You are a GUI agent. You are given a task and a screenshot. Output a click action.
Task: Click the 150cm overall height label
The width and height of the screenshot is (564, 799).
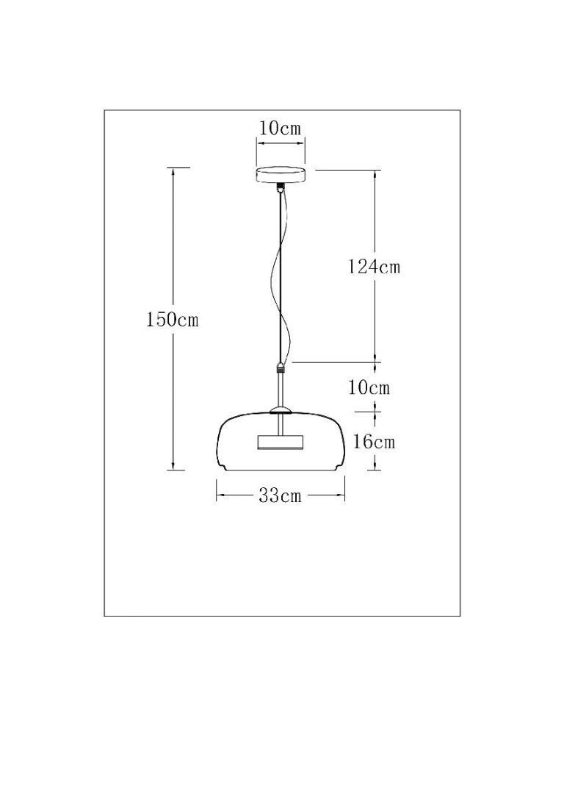(173, 320)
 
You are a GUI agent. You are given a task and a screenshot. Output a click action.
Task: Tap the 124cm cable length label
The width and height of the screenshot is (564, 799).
(375, 267)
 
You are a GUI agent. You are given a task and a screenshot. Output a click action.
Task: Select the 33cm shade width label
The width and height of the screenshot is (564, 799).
(281, 496)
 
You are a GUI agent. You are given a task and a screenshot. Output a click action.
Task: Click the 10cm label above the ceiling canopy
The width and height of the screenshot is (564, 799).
(280, 129)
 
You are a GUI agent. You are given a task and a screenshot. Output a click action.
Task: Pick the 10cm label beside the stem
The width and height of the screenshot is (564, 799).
(369, 387)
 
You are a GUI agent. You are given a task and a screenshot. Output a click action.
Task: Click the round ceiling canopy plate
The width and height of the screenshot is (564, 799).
(280, 175)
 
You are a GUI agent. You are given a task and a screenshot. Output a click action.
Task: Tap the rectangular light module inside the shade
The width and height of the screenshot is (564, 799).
(279, 441)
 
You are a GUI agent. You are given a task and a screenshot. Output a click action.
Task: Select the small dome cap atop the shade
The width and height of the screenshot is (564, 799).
(280, 409)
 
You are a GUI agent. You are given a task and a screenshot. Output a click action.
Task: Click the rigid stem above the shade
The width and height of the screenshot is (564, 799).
(280, 389)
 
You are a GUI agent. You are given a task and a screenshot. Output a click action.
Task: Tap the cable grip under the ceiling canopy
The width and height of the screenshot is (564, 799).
(280, 188)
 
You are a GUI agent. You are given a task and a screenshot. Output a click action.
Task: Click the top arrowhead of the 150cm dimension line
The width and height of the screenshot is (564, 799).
(173, 171)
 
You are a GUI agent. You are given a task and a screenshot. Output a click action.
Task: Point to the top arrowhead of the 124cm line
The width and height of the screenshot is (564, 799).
(376, 174)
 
